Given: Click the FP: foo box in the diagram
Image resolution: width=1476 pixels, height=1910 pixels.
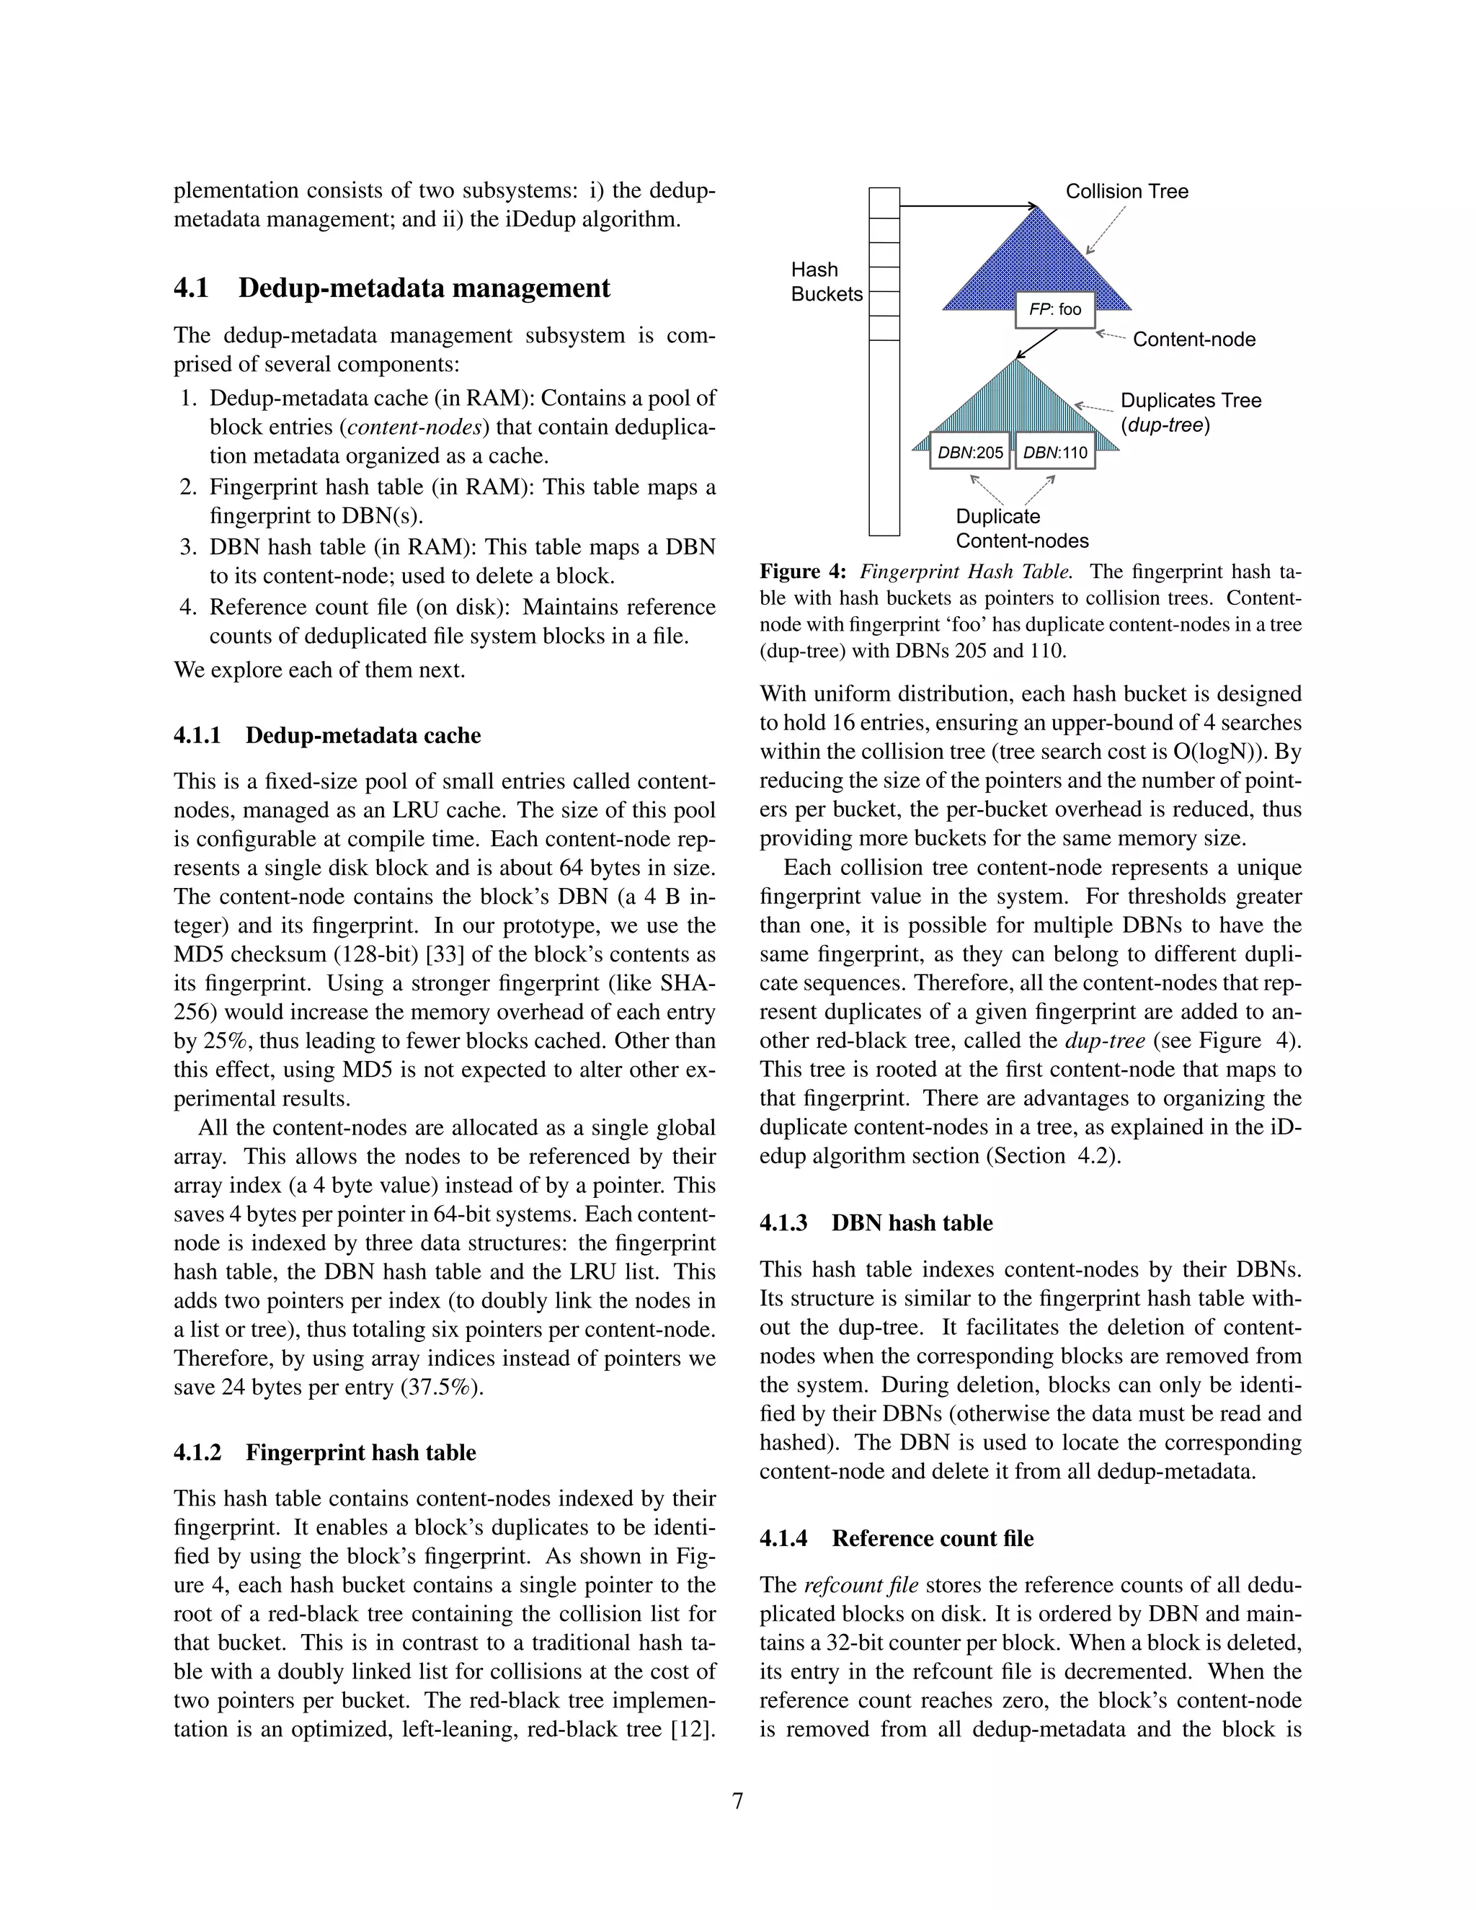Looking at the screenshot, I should pyautogui.click(x=1054, y=310).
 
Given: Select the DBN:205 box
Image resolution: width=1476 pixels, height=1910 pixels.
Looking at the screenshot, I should pyautogui.click(x=970, y=452).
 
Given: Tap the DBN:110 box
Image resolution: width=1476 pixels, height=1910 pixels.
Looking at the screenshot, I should pyautogui.click(x=1054, y=452).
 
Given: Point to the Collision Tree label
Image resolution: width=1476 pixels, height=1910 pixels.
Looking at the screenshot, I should pyautogui.click(x=1126, y=192).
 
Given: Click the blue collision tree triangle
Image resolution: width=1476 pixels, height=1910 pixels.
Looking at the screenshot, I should pyautogui.click(x=1036, y=262).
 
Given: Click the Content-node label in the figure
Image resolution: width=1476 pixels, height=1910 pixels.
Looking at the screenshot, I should pyautogui.click(x=1193, y=339).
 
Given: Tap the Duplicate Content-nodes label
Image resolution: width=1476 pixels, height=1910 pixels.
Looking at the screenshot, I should pyautogui.click(x=1021, y=528).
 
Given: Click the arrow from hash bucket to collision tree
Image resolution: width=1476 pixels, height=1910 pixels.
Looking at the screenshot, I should pyautogui.click(x=966, y=206).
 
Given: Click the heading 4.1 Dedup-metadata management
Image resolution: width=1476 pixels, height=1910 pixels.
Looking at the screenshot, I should pyautogui.click(x=392, y=288).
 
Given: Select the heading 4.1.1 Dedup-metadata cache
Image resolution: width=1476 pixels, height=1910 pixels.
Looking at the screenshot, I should pyautogui.click(x=327, y=734).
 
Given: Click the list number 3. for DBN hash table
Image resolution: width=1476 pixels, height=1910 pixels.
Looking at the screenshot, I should pyautogui.click(x=189, y=548).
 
